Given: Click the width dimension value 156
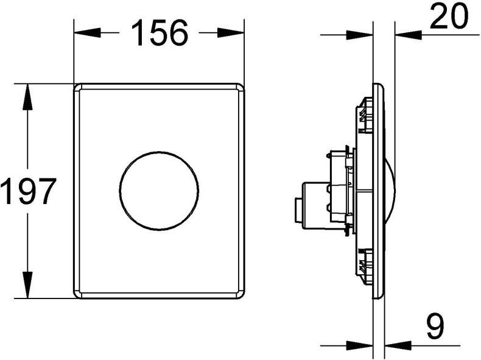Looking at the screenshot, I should (160, 33).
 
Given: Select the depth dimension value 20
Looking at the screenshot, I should (449, 17).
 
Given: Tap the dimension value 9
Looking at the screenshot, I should (434, 327).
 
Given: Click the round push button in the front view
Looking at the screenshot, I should (160, 191).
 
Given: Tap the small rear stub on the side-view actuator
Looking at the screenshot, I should (298, 209).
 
